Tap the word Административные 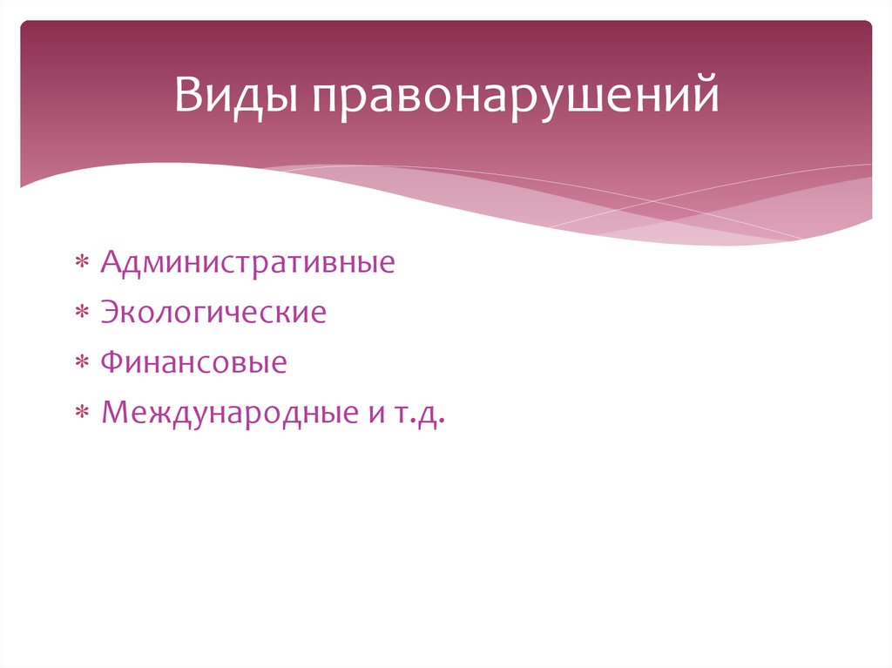tap(247, 262)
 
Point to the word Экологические tap(213, 312)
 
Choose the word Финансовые tap(193, 361)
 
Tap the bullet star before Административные tap(81, 263)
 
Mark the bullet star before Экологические tap(81, 313)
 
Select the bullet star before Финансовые tap(81, 362)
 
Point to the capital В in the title tap(187, 96)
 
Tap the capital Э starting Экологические tap(110, 312)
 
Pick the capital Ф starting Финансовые tap(111, 361)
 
